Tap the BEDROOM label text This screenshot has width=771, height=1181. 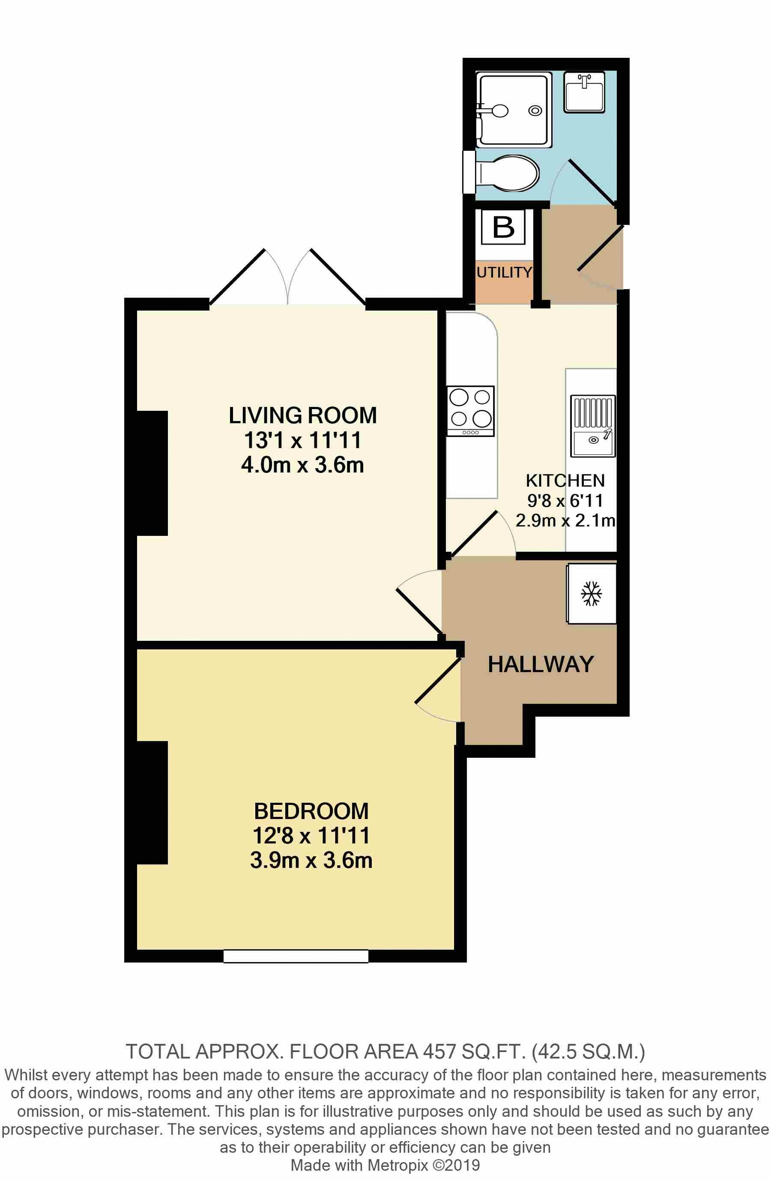[311, 811]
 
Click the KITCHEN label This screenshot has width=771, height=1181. [565, 480]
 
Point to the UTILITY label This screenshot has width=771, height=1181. [504, 272]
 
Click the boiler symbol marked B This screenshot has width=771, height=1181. [503, 227]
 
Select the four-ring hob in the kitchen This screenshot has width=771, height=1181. [470, 410]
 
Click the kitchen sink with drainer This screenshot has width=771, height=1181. [592, 426]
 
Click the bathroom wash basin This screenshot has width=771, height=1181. [584, 91]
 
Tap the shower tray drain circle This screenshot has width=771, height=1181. [535, 111]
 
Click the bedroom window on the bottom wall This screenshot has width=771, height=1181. [296, 956]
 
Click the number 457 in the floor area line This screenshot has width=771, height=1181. [439, 1052]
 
